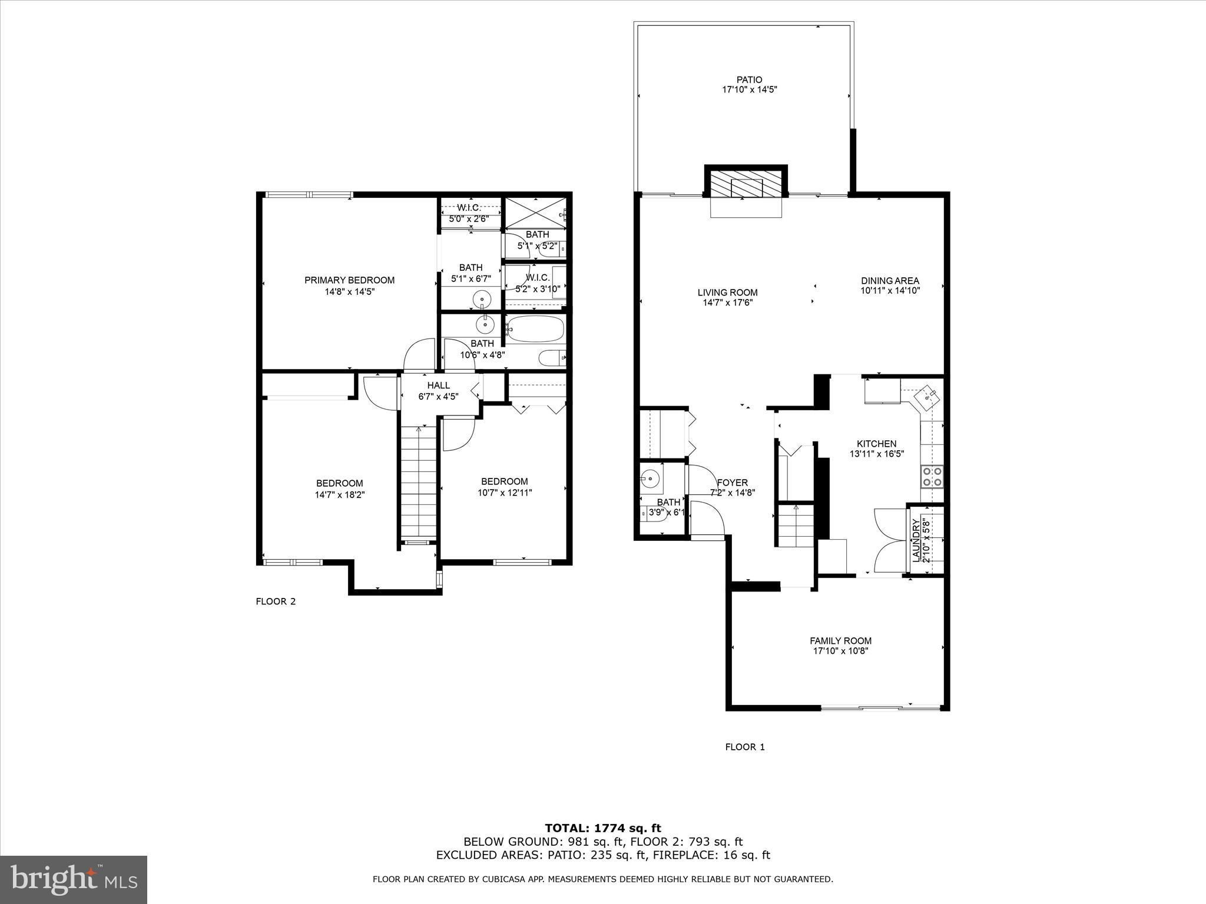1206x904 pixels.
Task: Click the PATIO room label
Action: click(x=749, y=79)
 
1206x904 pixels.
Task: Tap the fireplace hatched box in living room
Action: click(x=746, y=185)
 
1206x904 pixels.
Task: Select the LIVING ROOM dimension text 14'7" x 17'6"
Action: click(x=728, y=303)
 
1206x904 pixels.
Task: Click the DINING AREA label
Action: click(x=890, y=281)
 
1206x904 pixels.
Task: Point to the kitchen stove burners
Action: click(x=932, y=476)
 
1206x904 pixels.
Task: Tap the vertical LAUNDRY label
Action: click(x=916, y=540)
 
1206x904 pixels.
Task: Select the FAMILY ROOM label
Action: click(x=840, y=641)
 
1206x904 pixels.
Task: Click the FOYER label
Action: click(x=733, y=483)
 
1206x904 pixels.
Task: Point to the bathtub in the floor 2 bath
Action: click(x=535, y=330)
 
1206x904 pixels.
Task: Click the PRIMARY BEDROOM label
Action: click(x=349, y=280)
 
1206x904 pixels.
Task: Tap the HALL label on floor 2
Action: click(x=438, y=385)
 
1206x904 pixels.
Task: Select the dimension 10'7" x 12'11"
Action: click(x=505, y=493)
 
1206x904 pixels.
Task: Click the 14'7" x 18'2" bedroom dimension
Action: click(x=340, y=495)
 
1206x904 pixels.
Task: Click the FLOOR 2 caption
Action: click(x=276, y=601)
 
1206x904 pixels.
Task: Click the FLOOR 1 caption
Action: click(x=745, y=747)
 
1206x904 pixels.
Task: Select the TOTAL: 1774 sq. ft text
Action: click(x=603, y=829)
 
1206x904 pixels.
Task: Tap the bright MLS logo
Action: click(x=74, y=880)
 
